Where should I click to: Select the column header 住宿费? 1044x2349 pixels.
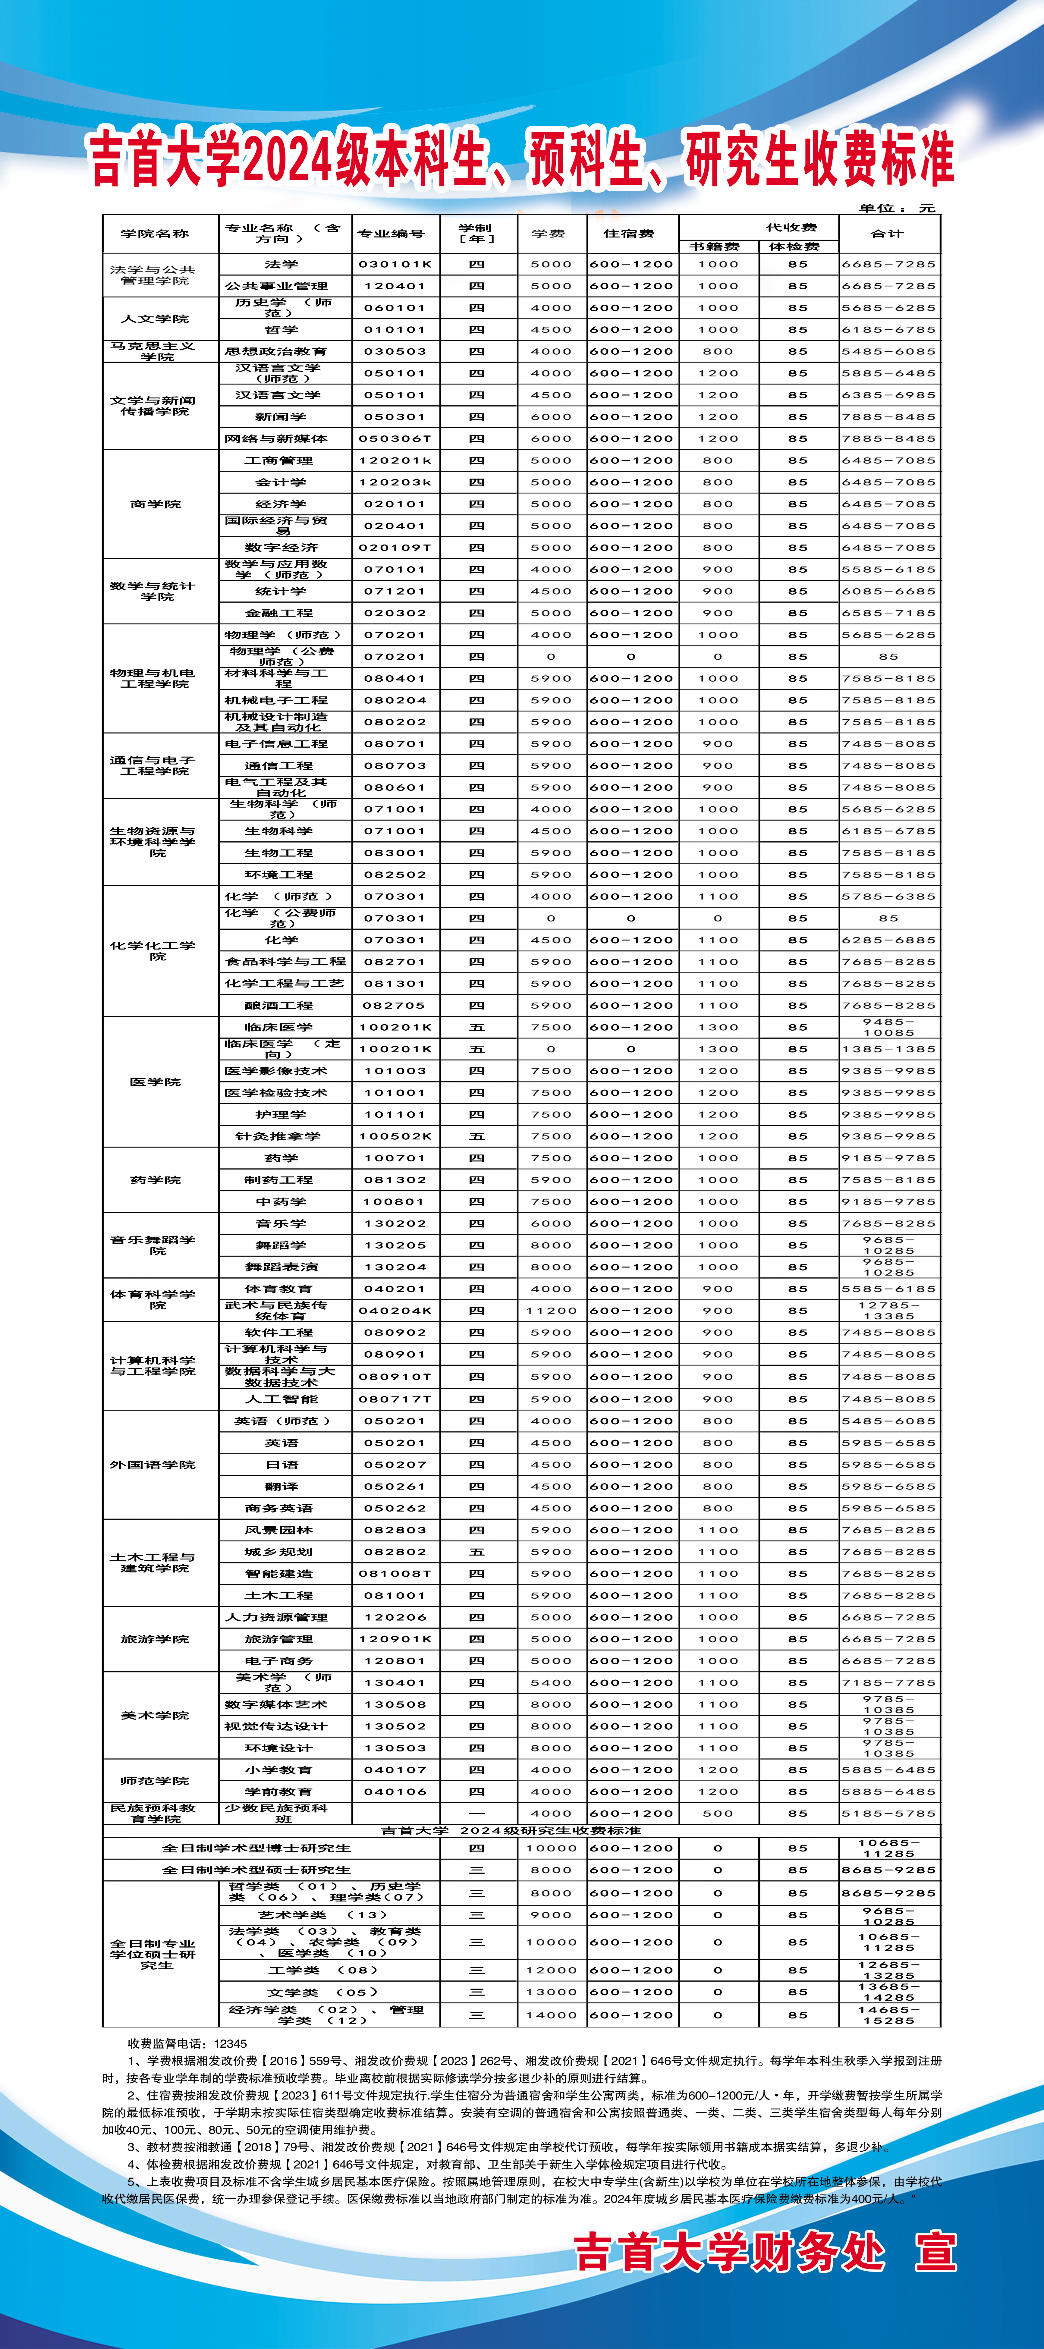tap(629, 234)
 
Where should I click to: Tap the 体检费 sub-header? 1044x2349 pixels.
tap(794, 246)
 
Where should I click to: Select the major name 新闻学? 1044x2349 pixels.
tap(281, 417)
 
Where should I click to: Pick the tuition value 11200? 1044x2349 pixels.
tap(551, 1310)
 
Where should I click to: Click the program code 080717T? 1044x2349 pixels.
tap(395, 1399)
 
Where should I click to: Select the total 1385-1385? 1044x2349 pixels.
tap(888, 1049)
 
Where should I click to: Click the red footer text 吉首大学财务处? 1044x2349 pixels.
tap(729, 2252)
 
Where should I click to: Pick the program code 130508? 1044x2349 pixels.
tap(395, 1704)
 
